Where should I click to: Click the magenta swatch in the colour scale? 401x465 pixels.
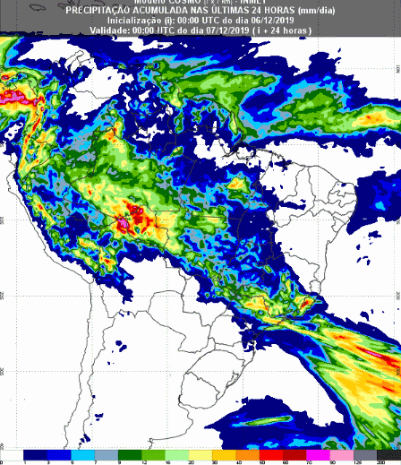coord(317,454)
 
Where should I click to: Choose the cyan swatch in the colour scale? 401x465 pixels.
coord(82,454)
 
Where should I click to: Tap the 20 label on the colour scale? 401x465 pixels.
coord(188,462)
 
